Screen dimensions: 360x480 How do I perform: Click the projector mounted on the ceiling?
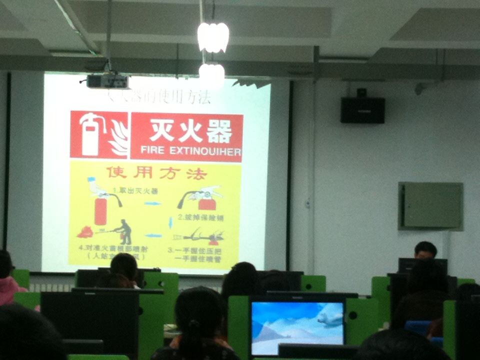[107, 81]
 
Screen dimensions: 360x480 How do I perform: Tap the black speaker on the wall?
[362, 109]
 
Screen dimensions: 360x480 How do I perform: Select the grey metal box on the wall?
[430, 205]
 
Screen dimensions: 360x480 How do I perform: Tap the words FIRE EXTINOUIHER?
[190, 150]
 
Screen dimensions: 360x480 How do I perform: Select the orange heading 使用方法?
[156, 173]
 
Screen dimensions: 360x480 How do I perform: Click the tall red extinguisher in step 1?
[100, 210]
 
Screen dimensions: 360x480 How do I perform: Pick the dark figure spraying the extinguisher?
[123, 231]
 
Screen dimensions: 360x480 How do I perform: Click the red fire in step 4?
[85, 232]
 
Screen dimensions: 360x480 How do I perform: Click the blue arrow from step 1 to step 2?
[153, 203]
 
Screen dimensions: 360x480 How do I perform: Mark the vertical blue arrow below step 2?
[170, 222]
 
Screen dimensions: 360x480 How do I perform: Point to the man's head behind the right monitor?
[425, 249]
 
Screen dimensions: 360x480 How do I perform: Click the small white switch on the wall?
[308, 204]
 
